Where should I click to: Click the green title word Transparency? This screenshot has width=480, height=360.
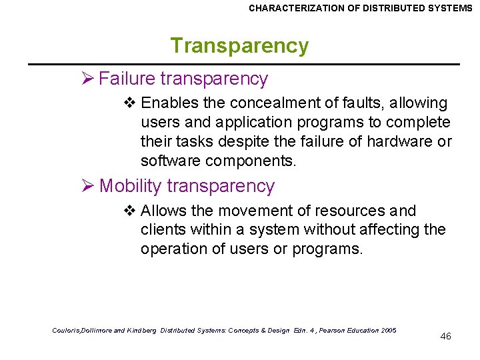(239, 46)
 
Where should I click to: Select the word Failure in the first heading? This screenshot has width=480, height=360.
(127, 79)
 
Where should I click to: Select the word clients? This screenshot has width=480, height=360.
(161, 230)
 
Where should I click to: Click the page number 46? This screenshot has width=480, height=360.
(446, 336)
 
